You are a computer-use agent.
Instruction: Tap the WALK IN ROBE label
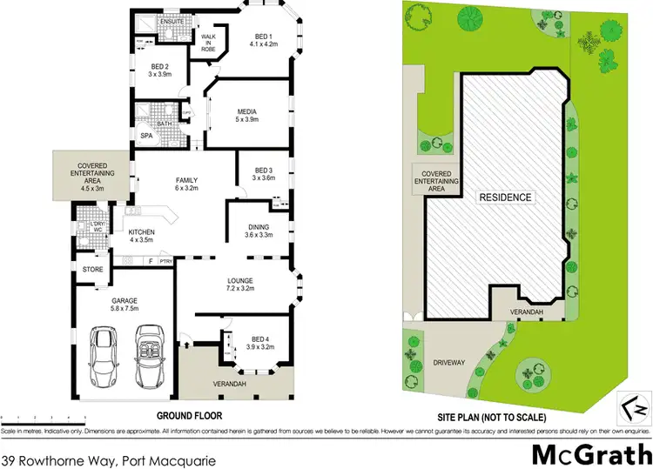209,44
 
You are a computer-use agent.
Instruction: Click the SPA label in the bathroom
145,136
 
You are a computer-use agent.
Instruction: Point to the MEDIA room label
247,111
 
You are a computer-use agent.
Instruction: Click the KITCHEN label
142,233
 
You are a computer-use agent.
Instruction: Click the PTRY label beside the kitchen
166,261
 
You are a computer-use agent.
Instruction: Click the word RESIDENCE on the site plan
505,198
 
